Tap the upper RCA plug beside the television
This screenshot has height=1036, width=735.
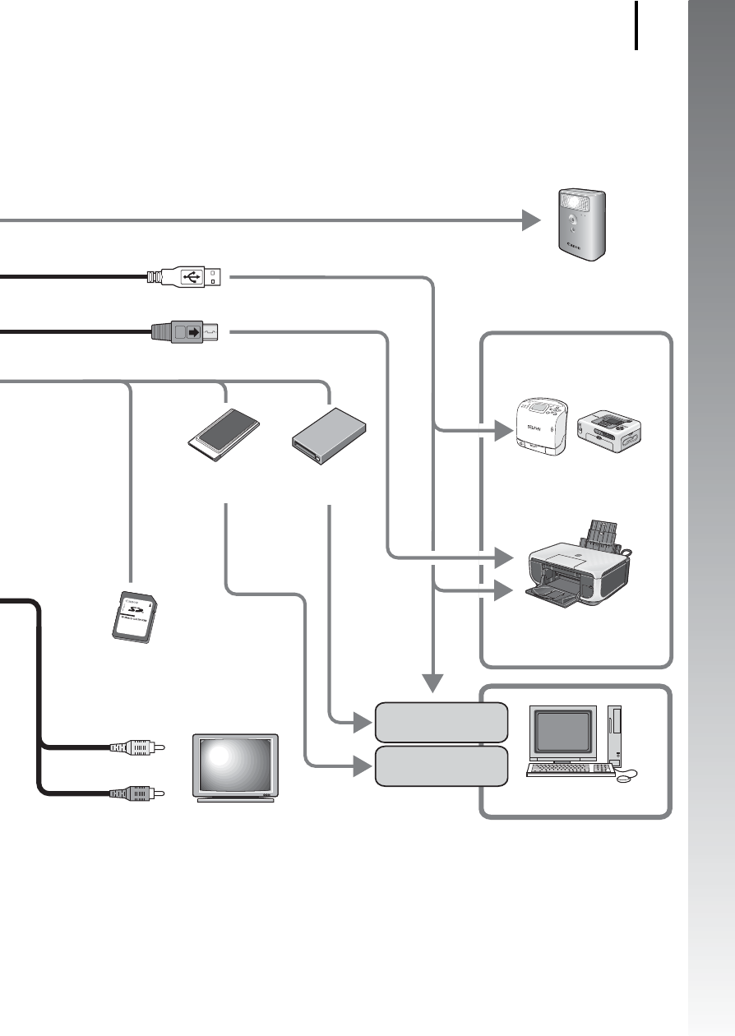click(137, 747)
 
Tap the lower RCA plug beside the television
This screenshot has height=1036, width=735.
click(137, 793)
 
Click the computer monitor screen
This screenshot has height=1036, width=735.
click(563, 730)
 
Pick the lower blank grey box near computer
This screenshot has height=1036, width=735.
click(440, 766)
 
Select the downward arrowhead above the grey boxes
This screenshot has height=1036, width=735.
click(433, 682)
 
